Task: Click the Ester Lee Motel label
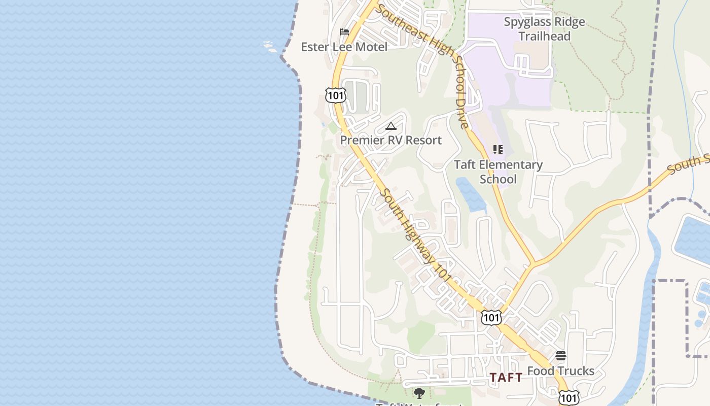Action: [344, 47]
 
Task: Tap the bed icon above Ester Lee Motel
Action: [344, 32]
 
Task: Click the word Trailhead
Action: [544, 36]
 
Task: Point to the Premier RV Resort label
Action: [390, 140]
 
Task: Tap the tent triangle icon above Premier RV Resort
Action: [390, 126]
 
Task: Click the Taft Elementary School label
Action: [498, 172]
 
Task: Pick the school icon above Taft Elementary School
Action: [498, 150]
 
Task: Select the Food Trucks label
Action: [560, 371]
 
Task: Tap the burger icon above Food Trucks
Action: [560, 356]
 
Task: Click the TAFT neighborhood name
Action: [506, 378]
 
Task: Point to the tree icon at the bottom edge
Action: [419, 393]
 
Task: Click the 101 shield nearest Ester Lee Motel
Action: [336, 95]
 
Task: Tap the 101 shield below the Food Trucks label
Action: [568, 398]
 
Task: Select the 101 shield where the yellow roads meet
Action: [491, 317]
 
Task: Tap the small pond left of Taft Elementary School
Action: [470, 195]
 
